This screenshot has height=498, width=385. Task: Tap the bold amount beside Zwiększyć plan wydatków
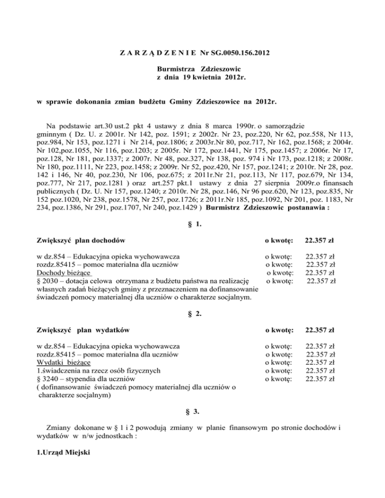click(x=323, y=330)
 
